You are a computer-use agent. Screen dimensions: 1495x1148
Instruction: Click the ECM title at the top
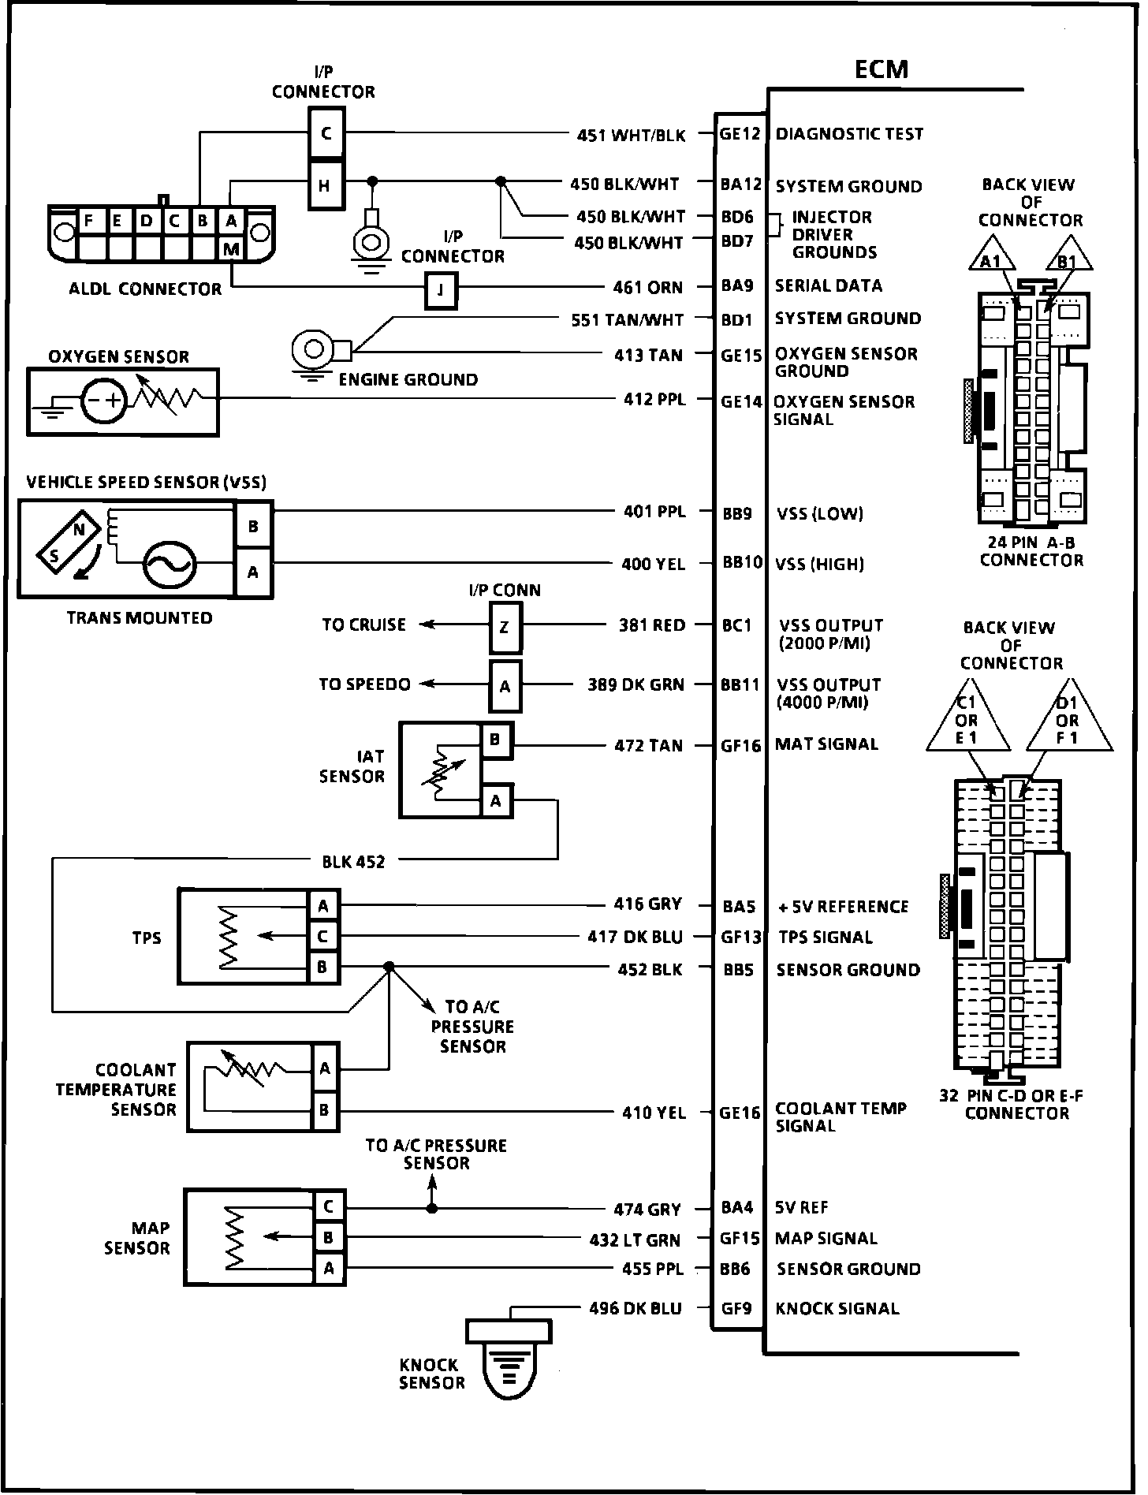[881, 69]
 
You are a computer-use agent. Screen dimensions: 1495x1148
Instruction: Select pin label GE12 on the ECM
[740, 134]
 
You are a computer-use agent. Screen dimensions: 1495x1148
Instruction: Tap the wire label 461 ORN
[647, 287]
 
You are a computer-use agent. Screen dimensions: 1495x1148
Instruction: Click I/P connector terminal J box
[441, 290]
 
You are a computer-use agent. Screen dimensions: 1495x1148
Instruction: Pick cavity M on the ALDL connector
[231, 250]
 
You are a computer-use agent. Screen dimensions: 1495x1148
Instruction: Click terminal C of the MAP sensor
[328, 1206]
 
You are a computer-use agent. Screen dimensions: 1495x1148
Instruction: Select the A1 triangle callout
[991, 259]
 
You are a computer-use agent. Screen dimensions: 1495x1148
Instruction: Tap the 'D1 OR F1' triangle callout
[1068, 721]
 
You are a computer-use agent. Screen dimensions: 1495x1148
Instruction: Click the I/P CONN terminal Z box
[505, 628]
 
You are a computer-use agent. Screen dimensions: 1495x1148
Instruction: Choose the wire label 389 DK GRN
[635, 685]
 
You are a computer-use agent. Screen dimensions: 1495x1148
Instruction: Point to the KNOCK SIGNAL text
[837, 1309]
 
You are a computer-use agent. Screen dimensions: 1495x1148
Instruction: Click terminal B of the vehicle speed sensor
[253, 526]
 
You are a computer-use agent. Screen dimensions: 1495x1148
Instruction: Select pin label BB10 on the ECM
[742, 562]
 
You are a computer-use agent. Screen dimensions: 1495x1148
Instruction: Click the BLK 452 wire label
[353, 862]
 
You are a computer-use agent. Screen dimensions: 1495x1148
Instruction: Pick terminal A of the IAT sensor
[496, 801]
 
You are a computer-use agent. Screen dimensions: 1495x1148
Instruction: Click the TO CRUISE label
[363, 624]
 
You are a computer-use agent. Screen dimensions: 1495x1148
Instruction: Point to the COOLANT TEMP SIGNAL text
[840, 1117]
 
